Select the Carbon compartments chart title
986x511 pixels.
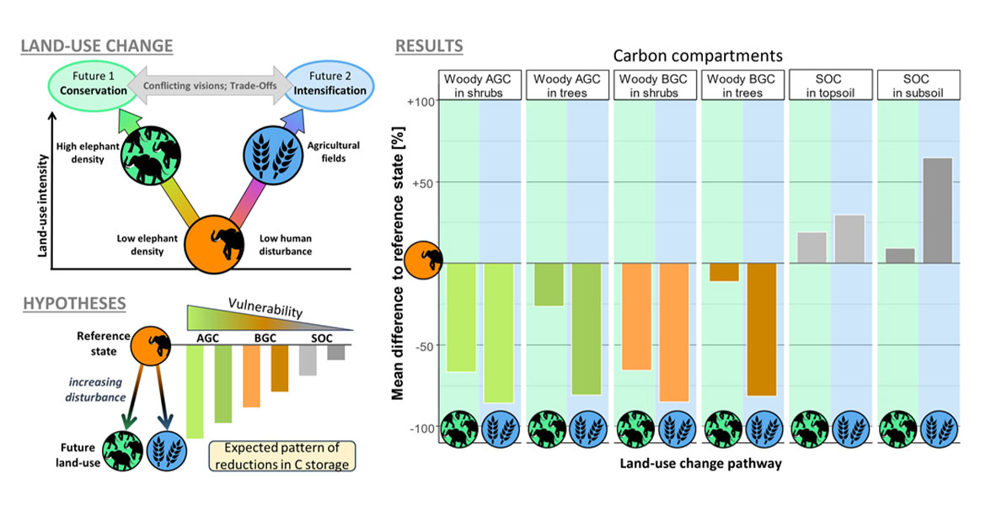coord(698,56)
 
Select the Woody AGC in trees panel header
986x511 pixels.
coord(566,85)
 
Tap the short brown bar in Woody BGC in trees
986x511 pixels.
coord(724,272)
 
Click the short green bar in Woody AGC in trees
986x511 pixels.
coord(549,285)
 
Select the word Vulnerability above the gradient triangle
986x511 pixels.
coord(266,309)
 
